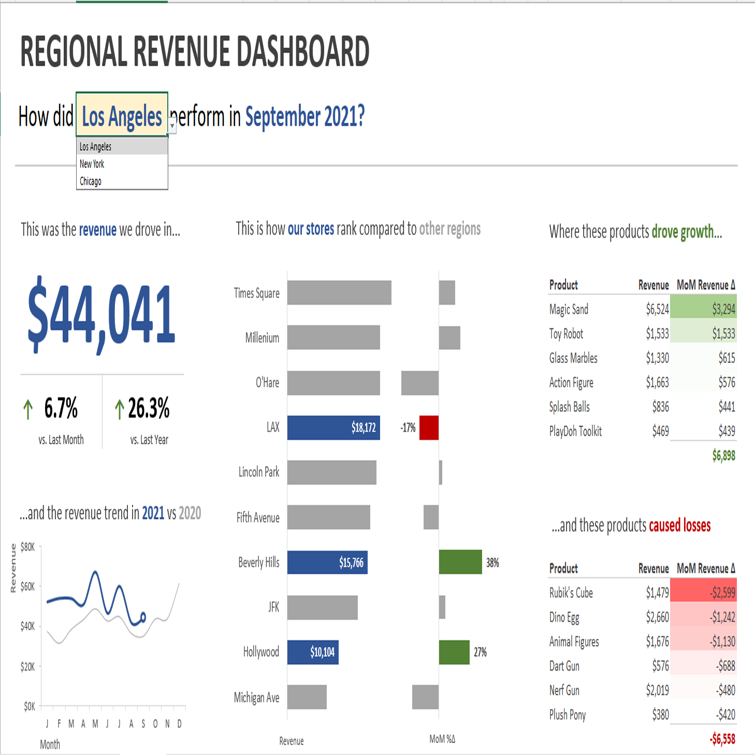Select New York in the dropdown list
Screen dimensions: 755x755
(x=92, y=164)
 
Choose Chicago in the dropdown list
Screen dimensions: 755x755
(x=91, y=181)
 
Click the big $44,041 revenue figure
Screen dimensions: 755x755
(x=101, y=315)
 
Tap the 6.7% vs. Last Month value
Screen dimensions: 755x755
(x=61, y=408)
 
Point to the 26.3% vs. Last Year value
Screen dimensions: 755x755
(x=149, y=408)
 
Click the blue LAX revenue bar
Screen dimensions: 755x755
(x=333, y=428)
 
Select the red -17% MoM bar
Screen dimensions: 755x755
(x=429, y=428)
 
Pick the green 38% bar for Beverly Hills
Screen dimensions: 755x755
(x=460, y=562)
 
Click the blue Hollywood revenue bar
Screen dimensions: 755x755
(x=313, y=652)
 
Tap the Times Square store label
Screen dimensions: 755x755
(x=257, y=293)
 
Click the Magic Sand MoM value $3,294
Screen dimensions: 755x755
(x=723, y=309)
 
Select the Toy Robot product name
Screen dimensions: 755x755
(x=566, y=333)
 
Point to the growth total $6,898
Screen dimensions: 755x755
(x=723, y=456)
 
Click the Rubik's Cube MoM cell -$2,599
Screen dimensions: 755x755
(x=723, y=592)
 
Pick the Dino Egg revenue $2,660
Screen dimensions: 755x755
(x=657, y=617)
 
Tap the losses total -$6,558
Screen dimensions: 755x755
(x=722, y=739)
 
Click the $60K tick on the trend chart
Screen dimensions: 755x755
(x=27, y=586)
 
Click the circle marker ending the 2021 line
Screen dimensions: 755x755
(x=143, y=617)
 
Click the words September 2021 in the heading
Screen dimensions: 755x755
(x=304, y=117)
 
